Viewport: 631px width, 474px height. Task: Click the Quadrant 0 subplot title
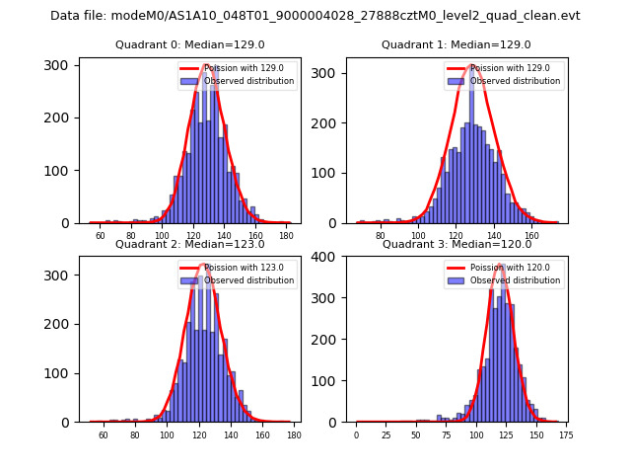coord(189,44)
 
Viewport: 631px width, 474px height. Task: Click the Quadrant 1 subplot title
coord(456,44)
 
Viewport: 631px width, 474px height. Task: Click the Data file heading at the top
coord(315,16)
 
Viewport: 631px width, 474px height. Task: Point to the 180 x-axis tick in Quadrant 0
coord(286,236)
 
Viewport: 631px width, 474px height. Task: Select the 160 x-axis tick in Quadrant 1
coord(531,236)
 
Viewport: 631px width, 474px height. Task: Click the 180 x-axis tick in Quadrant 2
coord(293,434)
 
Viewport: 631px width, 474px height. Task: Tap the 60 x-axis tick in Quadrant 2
coord(103,434)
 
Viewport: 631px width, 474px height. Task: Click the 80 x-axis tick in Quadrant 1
coord(381,236)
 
